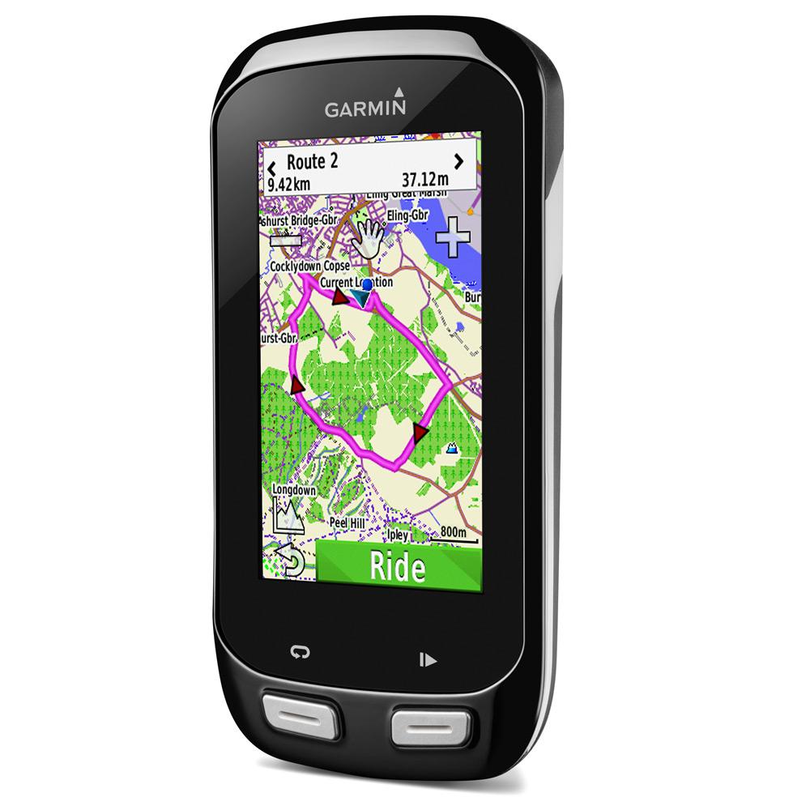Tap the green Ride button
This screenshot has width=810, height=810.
tap(397, 565)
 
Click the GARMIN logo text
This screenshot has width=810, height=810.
tap(365, 109)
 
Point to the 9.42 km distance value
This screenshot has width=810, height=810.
tap(288, 184)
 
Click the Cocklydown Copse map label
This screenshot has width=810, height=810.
tap(311, 266)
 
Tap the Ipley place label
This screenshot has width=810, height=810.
tap(398, 535)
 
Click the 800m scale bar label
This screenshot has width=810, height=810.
tap(453, 532)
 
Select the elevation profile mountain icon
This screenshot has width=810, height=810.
tap(288, 515)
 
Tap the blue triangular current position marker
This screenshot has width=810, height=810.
tap(364, 301)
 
